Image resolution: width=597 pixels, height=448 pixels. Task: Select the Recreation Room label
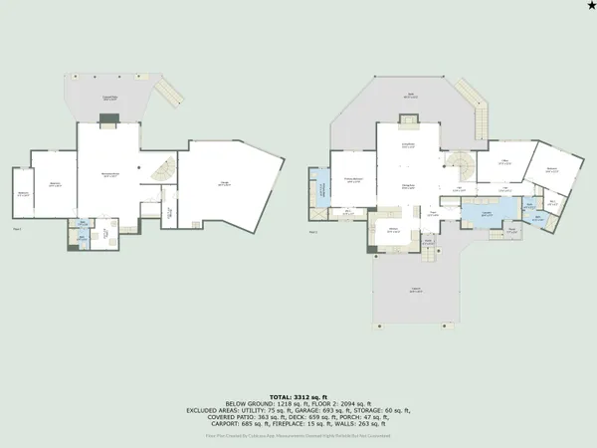(110, 176)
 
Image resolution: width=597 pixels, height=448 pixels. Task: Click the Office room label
(504, 162)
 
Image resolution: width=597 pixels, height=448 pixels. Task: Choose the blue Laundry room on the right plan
(487, 214)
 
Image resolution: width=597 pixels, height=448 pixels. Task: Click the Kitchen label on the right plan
(392, 230)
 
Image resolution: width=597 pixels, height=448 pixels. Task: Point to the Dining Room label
(408, 186)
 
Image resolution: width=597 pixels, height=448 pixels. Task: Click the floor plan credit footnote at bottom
(298, 435)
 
